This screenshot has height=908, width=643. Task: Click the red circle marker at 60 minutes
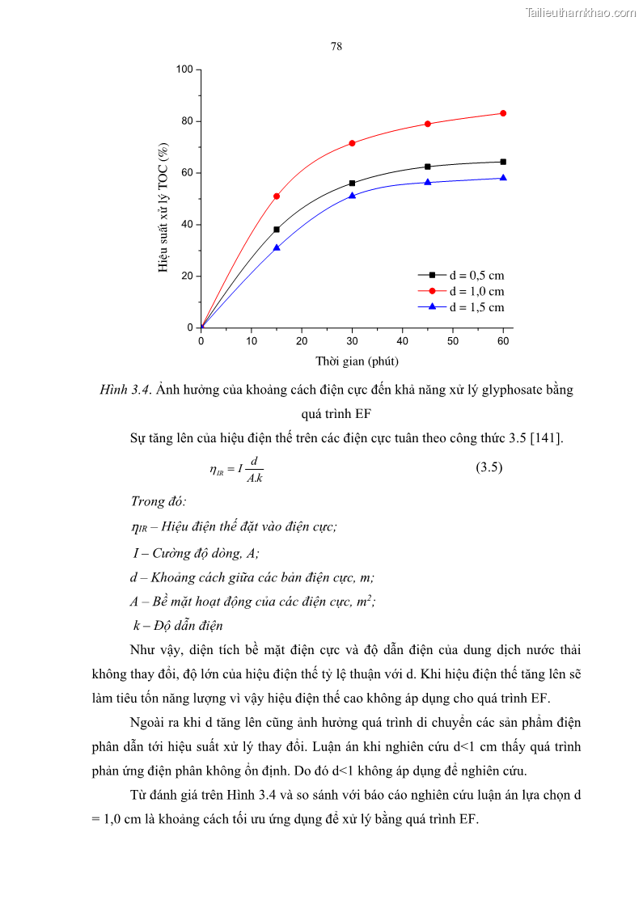(x=503, y=113)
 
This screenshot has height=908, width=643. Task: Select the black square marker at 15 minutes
(x=277, y=230)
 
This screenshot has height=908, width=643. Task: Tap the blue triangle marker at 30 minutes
(x=352, y=196)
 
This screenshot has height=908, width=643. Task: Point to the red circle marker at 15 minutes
(x=277, y=196)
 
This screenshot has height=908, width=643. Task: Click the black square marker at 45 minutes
(x=428, y=167)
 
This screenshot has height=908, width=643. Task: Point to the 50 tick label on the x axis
(x=453, y=341)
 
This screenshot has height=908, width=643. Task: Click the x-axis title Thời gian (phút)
(x=357, y=361)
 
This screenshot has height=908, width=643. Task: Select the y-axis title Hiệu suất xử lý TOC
(x=164, y=208)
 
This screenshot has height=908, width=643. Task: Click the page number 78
(x=336, y=46)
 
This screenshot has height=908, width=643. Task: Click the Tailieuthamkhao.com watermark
(x=581, y=12)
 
